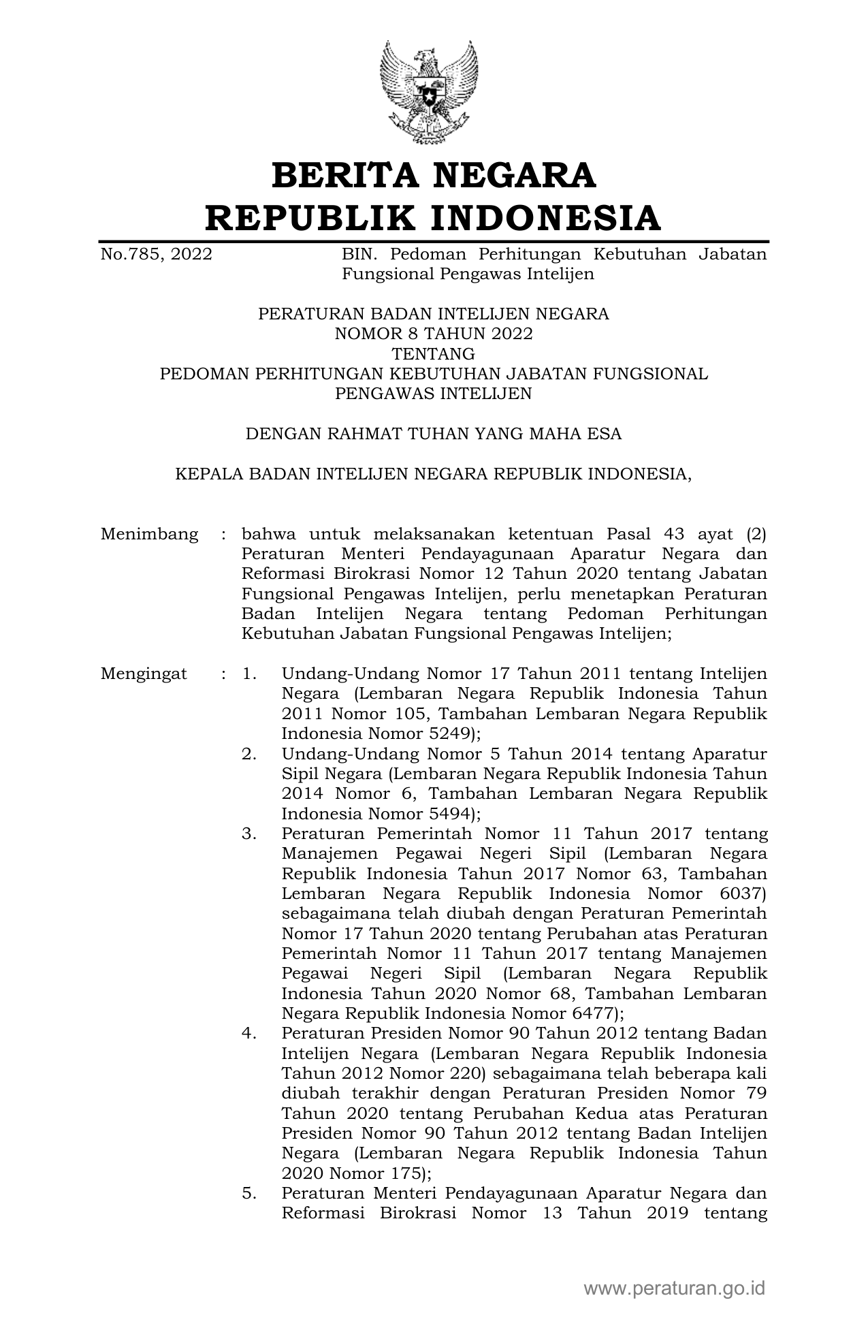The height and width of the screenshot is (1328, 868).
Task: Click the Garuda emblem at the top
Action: pos(429,91)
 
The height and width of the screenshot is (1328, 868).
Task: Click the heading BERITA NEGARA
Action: pos(434,175)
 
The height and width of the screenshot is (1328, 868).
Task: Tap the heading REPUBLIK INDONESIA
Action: pos(434,218)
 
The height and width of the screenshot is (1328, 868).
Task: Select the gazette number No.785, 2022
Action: pos(156,255)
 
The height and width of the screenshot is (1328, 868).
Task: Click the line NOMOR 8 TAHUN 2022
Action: pos(434,334)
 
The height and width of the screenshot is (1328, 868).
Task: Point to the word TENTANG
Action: pos(434,354)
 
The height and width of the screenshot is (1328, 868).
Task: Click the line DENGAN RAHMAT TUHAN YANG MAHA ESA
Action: pos(434,434)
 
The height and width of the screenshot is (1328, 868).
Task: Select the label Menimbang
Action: pos(149,534)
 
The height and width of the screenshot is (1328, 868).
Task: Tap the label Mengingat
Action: pos(144,674)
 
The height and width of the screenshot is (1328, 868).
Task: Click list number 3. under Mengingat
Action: pos(248,834)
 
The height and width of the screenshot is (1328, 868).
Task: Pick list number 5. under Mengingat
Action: pos(248,1193)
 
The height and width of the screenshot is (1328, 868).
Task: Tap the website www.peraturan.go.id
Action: pos(675,1289)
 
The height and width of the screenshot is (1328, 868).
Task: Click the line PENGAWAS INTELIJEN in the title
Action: pos(434,394)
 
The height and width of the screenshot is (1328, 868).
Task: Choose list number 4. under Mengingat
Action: pos(248,1034)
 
